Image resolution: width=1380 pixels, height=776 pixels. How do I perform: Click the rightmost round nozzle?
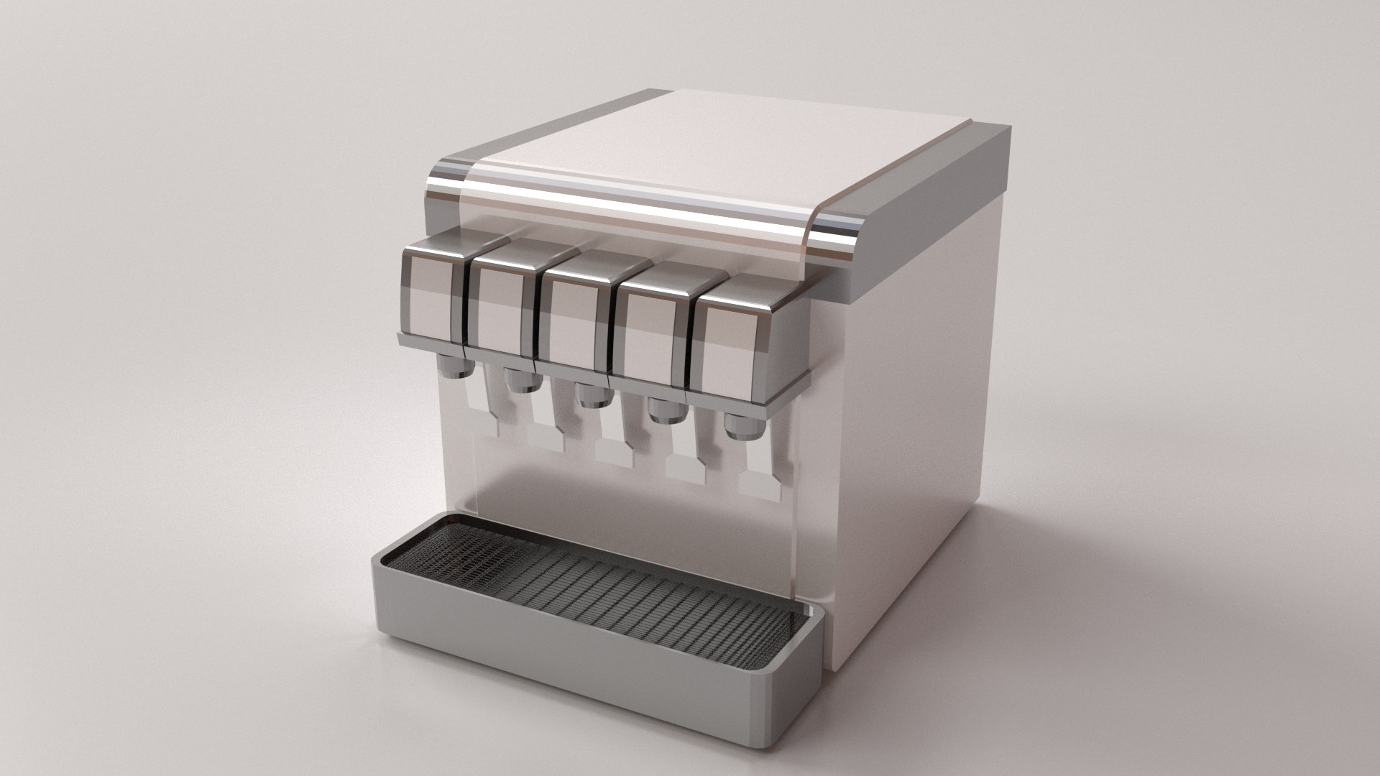tap(743, 427)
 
